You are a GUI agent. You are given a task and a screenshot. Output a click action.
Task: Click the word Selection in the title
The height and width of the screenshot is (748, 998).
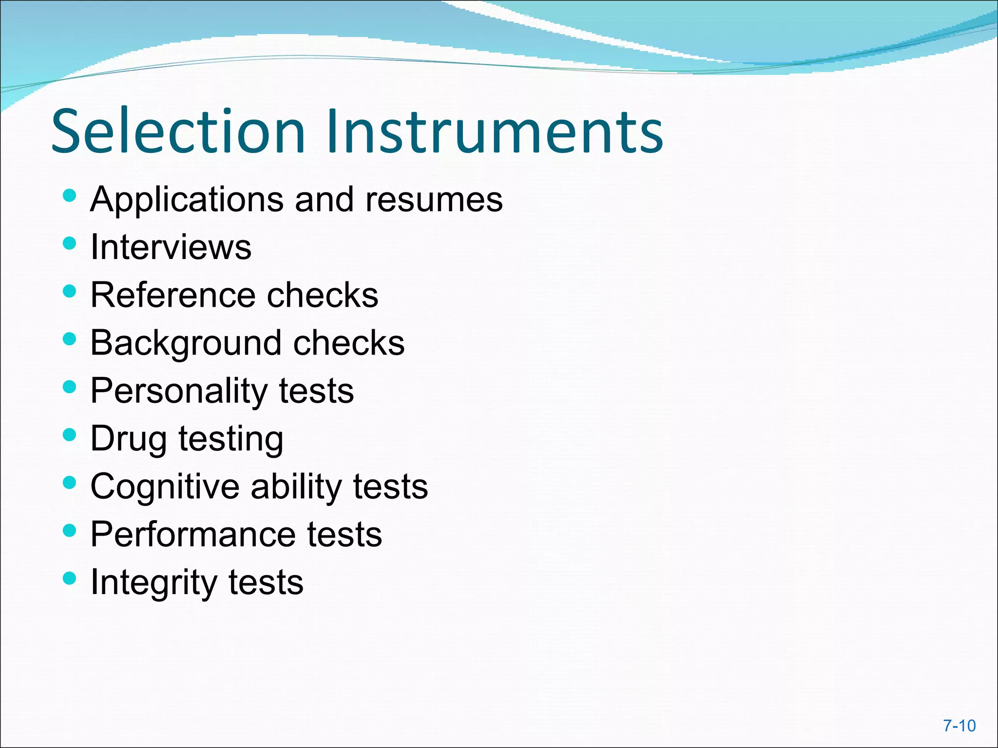click(178, 131)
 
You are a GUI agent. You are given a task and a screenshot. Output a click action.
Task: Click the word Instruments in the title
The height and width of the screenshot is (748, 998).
click(495, 131)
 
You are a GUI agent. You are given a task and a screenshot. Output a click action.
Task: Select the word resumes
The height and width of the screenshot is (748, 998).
click(434, 200)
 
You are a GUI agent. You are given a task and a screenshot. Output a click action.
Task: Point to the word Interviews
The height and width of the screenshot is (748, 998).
click(171, 247)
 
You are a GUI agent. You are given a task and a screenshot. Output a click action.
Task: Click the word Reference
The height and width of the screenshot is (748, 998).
click(173, 295)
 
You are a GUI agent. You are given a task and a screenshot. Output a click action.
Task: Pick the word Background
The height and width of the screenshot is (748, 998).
click(186, 343)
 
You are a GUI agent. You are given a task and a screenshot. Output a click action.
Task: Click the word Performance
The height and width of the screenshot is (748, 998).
click(193, 534)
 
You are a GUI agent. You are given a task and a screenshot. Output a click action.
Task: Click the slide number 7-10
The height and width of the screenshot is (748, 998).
click(960, 726)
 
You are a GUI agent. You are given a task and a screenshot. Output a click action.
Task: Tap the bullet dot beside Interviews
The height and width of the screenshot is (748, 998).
click(70, 243)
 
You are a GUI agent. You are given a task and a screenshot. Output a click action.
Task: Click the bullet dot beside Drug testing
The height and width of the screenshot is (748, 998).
click(70, 434)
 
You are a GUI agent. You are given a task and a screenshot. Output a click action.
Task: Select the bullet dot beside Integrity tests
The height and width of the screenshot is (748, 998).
click(70, 578)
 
